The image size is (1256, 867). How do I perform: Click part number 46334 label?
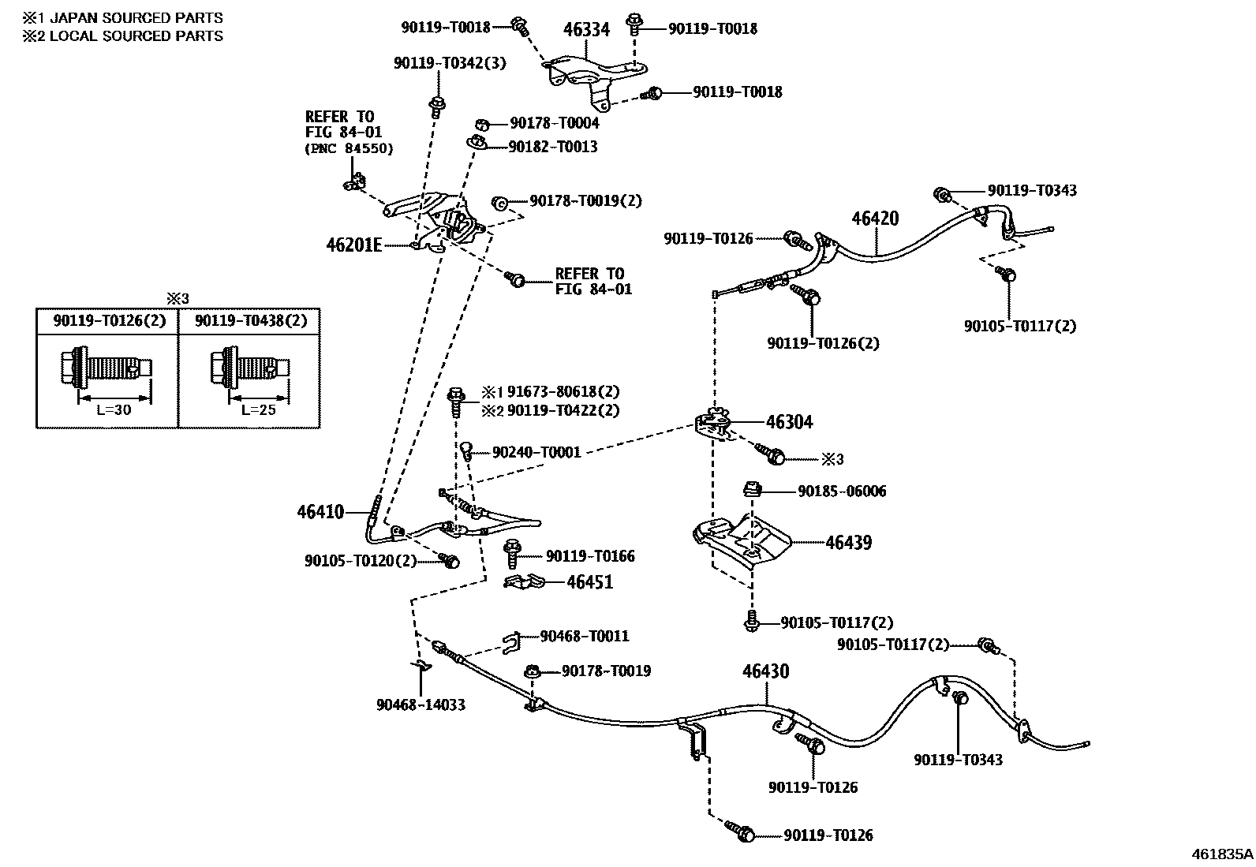click(x=586, y=30)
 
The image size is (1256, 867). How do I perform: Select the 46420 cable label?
click(x=875, y=219)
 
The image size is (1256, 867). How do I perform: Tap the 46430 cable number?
click(x=764, y=671)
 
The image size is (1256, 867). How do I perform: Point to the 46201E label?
click(x=354, y=245)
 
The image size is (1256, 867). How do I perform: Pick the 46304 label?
click(x=789, y=422)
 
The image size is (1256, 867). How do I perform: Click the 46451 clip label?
click(x=589, y=582)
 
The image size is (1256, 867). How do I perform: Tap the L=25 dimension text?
click(x=258, y=410)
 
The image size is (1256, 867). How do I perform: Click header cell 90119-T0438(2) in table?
click(x=250, y=320)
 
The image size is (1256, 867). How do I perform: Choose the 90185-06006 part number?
click(x=842, y=491)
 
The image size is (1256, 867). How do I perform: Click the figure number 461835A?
click(x=1221, y=854)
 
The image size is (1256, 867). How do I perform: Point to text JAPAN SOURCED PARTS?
click(x=136, y=17)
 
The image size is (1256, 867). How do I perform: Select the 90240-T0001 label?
click(x=536, y=452)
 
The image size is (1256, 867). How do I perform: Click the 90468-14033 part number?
click(x=421, y=704)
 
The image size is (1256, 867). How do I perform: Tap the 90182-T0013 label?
click(x=552, y=147)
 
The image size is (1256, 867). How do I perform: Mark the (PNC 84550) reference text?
click(x=349, y=148)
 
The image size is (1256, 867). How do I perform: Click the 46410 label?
click(x=320, y=512)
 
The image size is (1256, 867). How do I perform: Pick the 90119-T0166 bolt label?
click(x=590, y=556)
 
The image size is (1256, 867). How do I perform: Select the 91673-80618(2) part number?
click(x=563, y=392)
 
